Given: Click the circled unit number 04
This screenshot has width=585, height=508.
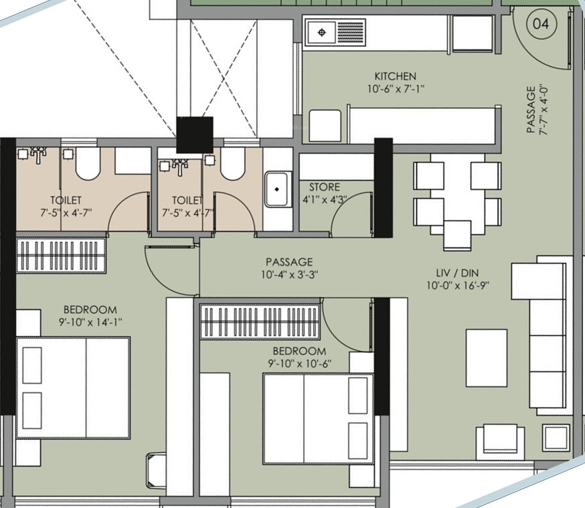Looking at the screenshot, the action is [541, 24].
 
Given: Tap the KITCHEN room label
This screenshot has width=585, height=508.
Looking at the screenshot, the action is [395, 76].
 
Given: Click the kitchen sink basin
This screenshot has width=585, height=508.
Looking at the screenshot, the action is [321, 33].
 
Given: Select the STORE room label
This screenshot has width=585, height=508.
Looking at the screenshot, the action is [324, 186].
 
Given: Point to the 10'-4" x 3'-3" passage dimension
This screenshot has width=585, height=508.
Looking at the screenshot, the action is [290, 275].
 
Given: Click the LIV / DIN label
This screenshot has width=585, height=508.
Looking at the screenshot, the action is [458, 273].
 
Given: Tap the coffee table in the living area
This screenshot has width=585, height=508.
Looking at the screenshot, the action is [487, 358].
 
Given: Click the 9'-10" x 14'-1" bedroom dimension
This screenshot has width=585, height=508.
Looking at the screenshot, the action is [90, 322].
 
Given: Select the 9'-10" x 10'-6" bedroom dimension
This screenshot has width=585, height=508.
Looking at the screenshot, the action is [300, 364].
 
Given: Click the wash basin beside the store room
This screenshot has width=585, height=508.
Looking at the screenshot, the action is [277, 189].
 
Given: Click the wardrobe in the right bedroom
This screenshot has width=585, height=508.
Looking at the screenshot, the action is [260, 322].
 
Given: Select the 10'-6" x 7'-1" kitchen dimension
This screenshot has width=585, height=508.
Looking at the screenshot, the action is [396, 90].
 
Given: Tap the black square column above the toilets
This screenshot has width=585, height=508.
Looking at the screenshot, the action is [194, 135].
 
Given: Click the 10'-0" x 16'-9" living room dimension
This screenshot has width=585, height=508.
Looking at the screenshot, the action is [458, 286].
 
